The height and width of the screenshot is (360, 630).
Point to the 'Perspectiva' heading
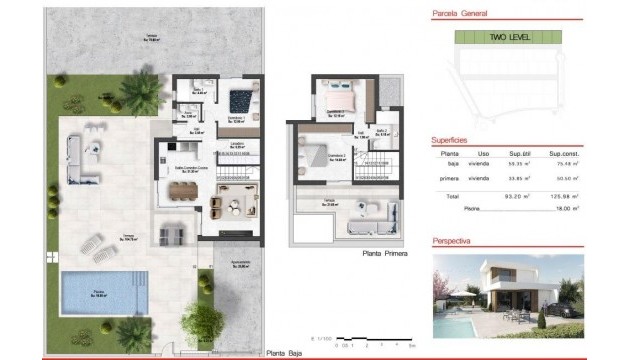[x=455, y=242]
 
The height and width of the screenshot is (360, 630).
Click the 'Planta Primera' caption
[x=386, y=254]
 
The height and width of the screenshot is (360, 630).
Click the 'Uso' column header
[x=483, y=155]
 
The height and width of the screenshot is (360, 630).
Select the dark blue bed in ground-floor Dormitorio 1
[x=240, y=101]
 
